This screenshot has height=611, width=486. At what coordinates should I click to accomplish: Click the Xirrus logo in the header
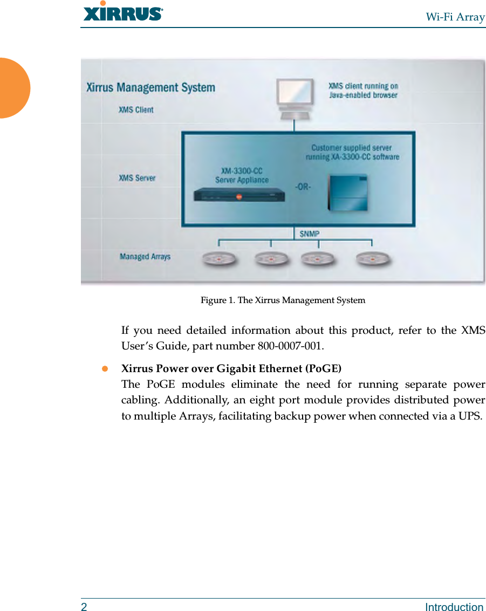pos(122,12)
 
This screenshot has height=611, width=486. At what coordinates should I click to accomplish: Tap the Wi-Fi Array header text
pos(455,17)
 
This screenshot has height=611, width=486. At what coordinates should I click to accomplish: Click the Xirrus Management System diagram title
pos(150,87)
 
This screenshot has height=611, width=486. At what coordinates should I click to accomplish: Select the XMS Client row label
pos(136,110)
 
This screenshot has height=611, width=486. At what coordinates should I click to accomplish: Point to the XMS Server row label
pos(137,178)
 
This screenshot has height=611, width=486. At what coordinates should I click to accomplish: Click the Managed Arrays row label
pos(145,257)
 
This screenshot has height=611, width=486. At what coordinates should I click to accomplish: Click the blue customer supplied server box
pos(348,193)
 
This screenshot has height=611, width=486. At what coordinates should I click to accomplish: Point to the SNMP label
pos(310,234)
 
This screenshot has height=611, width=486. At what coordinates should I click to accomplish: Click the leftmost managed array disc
pos(220,259)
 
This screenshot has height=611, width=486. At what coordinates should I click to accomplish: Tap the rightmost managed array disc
pos(373,259)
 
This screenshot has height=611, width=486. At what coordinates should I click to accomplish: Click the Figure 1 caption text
pos(283,300)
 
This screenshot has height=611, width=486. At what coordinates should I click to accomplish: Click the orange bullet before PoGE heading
pos(106,369)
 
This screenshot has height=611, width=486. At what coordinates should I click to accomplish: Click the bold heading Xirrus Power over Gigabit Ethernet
pos(231,369)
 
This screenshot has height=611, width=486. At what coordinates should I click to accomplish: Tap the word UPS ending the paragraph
pos(470,416)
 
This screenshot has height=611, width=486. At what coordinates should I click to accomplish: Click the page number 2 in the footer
pos(84,607)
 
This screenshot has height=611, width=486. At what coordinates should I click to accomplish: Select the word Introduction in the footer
pos(454,607)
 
